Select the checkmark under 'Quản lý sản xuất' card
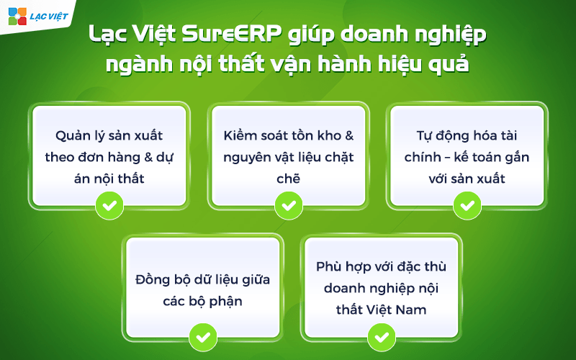109,204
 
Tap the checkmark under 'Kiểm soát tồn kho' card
288,204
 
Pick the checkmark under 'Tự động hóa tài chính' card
467,204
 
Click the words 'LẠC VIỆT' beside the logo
48,15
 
